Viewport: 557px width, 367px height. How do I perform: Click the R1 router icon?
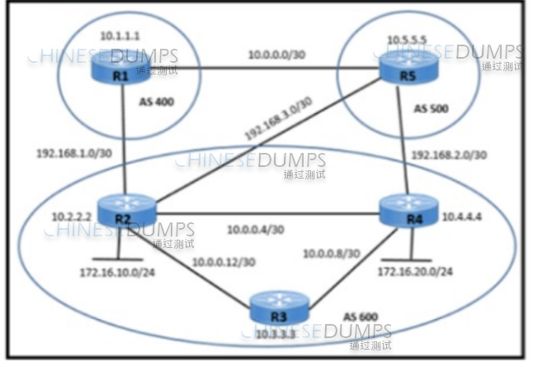coord(120,71)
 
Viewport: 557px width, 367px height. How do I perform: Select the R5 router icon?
coord(399,70)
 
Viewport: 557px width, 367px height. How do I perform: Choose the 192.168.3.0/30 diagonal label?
coord(277,122)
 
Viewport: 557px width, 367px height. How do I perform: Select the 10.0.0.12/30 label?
coord(224,263)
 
